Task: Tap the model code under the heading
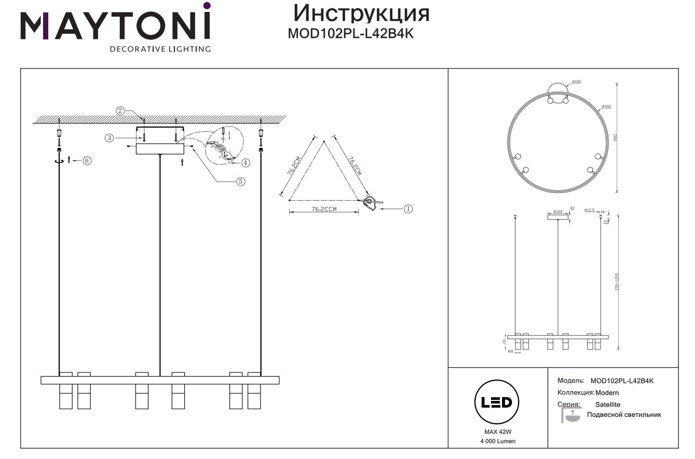click(x=350, y=34)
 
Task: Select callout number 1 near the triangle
click(x=408, y=208)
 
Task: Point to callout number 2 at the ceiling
click(x=120, y=110)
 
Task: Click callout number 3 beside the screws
click(x=110, y=137)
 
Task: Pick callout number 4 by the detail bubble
click(x=246, y=162)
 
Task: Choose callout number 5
click(x=240, y=182)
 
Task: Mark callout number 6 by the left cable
click(x=87, y=160)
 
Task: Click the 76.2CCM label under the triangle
click(x=324, y=209)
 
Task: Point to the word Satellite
click(x=607, y=405)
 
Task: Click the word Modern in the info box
click(x=607, y=393)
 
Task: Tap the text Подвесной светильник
click(x=624, y=415)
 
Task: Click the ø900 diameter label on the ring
click(x=606, y=106)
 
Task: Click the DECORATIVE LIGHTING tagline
click(x=160, y=49)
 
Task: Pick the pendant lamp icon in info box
click(x=572, y=415)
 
